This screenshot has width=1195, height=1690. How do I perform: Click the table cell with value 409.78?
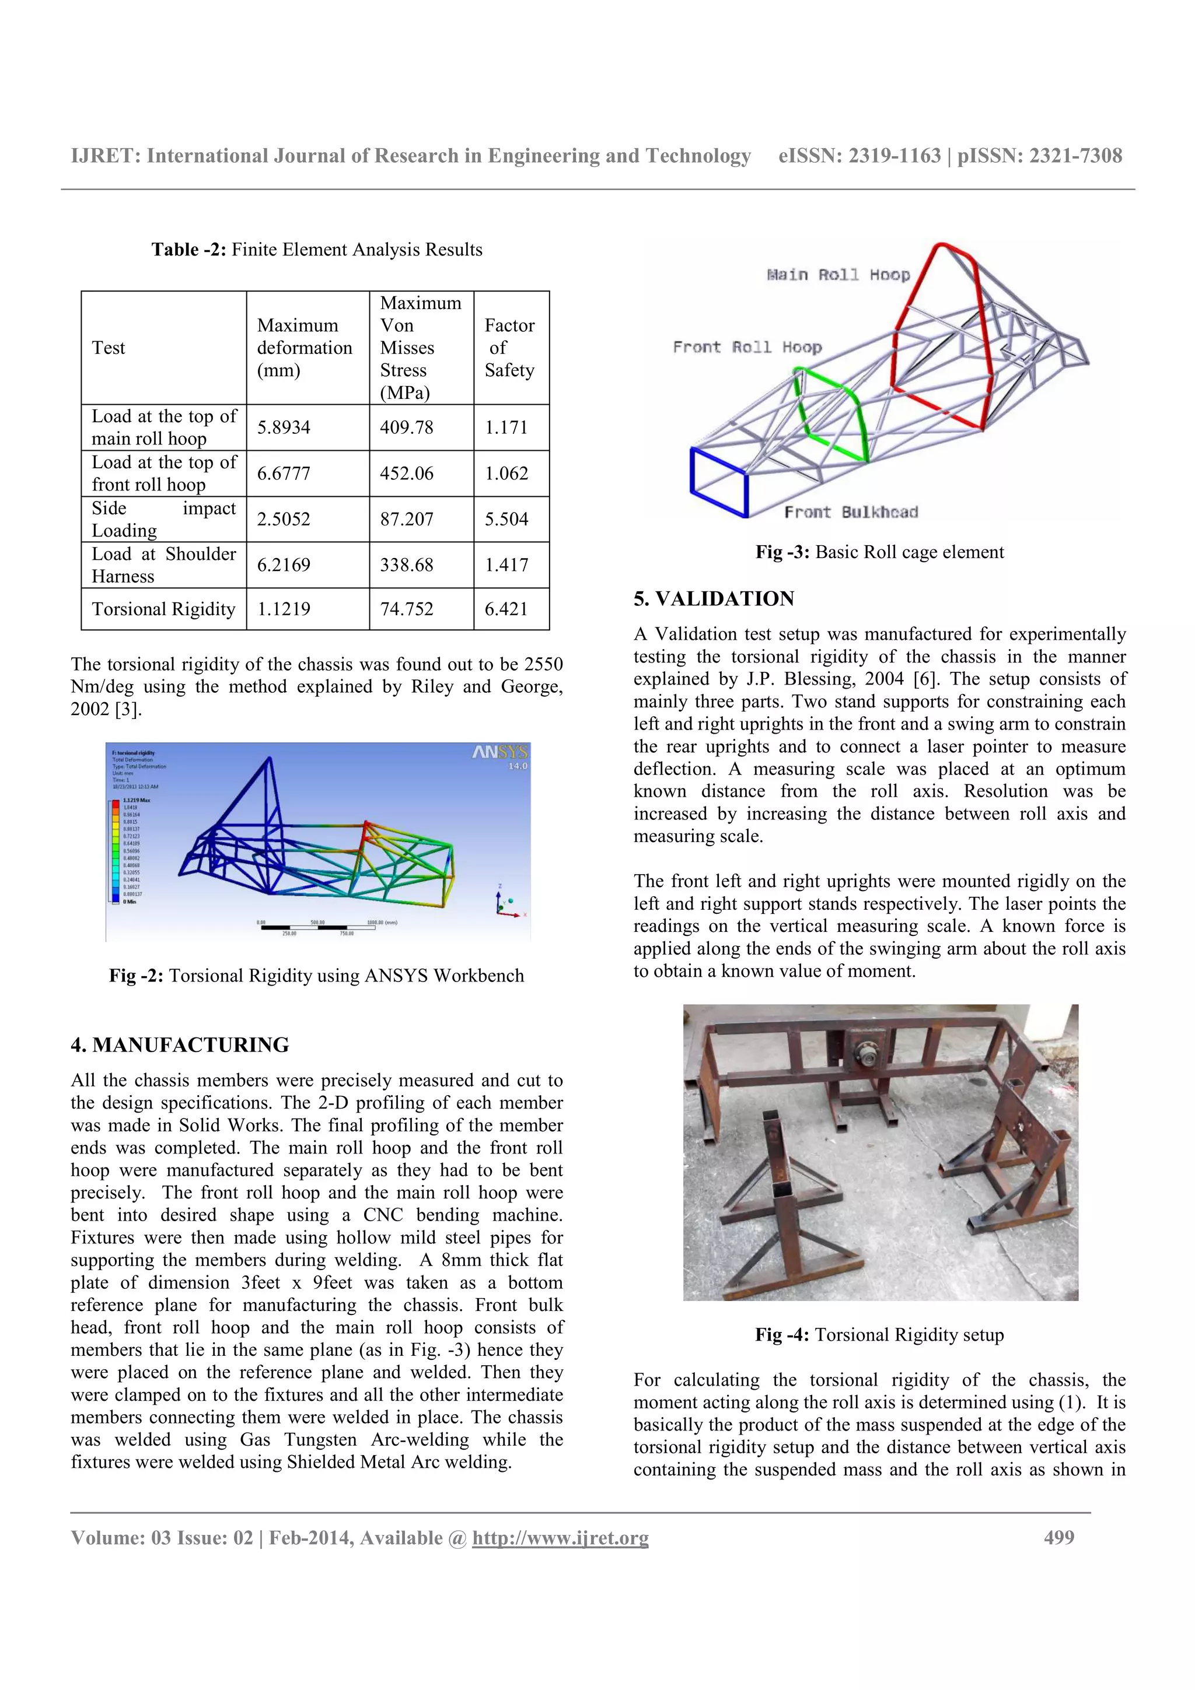[407, 427]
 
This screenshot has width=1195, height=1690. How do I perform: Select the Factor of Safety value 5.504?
[506, 519]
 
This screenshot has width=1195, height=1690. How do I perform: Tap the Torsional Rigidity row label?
[163, 609]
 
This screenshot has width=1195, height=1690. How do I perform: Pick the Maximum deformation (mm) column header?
[305, 348]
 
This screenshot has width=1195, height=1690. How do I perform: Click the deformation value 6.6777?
[284, 474]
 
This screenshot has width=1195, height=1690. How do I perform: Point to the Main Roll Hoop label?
[838, 275]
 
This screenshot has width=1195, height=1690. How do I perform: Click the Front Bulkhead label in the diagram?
[850, 511]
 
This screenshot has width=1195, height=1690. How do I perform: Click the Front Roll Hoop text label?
[747, 346]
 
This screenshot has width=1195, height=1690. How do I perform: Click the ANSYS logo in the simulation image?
[500, 752]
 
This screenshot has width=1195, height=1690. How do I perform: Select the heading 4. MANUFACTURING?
[180, 1044]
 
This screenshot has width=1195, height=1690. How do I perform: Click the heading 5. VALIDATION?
[714, 598]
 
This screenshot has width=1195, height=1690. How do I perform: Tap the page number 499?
[1059, 1538]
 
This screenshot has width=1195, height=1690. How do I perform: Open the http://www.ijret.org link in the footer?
[560, 1538]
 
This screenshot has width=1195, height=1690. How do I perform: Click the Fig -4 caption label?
[782, 1334]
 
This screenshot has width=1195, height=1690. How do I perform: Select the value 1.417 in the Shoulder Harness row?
[506, 564]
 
